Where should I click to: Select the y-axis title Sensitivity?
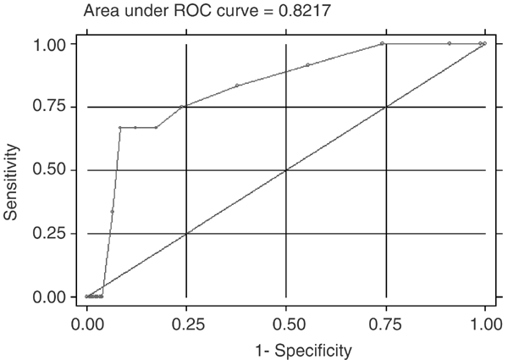(11, 169)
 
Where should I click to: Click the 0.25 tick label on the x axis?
(186, 323)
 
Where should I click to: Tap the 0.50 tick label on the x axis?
(286, 323)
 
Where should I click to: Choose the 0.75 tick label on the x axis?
(386, 323)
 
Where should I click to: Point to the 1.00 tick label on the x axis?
(485, 323)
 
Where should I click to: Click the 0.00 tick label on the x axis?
(86, 323)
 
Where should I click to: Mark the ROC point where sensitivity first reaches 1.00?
(382, 43)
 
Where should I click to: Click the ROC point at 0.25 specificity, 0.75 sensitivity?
(182, 107)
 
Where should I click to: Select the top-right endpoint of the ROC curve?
(485, 43)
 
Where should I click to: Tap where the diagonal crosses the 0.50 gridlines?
(286, 170)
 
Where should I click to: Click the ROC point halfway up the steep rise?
(112, 211)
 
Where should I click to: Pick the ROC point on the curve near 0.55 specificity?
(307, 65)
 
